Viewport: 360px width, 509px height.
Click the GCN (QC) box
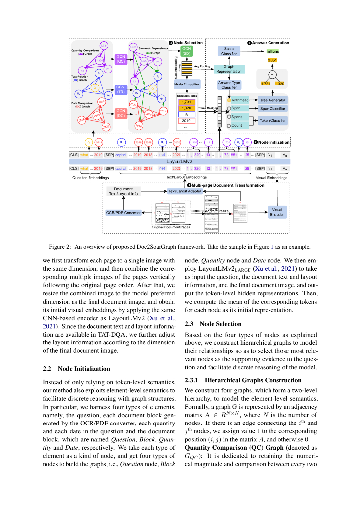[x=121, y=59]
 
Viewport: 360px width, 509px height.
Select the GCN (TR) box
[x=121, y=89]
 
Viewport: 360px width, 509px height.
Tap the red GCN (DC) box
[x=121, y=113]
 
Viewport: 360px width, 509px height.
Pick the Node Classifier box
[x=187, y=84]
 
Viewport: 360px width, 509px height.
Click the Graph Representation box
[x=229, y=69]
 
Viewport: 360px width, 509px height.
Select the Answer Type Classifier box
[x=229, y=85]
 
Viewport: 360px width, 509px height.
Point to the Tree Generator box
[x=273, y=100]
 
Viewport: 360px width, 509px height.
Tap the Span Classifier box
[x=273, y=108]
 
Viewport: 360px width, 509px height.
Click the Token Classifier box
[x=273, y=120]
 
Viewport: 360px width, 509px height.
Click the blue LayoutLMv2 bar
[x=179, y=162]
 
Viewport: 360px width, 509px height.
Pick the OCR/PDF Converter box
[x=123, y=212]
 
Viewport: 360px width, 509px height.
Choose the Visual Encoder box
[x=277, y=212]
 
